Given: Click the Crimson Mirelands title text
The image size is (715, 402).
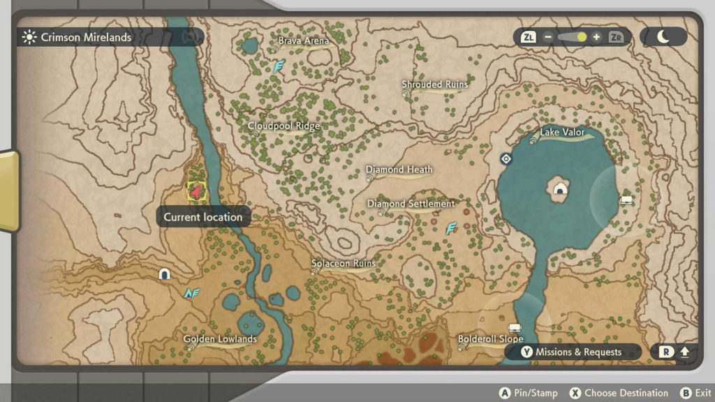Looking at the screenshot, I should pyautogui.click(x=86, y=38).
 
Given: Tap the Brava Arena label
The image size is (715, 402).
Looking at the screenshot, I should pyautogui.click(x=303, y=41).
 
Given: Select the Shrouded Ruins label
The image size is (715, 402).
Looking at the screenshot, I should pyautogui.click(x=434, y=84).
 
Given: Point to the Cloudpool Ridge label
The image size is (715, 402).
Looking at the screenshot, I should pyautogui.click(x=283, y=126).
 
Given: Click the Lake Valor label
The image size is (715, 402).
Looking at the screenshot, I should pyautogui.click(x=562, y=133).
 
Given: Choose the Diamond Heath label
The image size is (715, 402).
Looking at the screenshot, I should pyautogui.click(x=399, y=170).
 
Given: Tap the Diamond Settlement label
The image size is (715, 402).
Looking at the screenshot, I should pyautogui.click(x=411, y=204).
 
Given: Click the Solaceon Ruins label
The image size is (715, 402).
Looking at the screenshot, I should pyautogui.click(x=344, y=264).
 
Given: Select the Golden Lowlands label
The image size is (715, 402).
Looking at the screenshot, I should pyautogui.click(x=220, y=339).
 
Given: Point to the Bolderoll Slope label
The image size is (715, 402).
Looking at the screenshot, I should pyautogui.click(x=490, y=339).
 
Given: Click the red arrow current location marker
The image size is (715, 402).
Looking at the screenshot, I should pyautogui.click(x=196, y=190).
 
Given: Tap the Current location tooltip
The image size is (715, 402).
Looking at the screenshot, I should pyautogui.click(x=202, y=217).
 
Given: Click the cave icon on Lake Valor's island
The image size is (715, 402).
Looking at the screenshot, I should pyautogui.click(x=559, y=189).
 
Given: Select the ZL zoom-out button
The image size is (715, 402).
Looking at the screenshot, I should pyautogui.click(x=529, y=37).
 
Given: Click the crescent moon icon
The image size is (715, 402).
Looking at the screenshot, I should pyautogui.click(x=663, y=37).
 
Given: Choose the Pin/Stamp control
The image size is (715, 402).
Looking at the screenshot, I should pyautogui.click(x=529, y=393).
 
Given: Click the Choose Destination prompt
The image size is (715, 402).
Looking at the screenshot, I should pyautogui.click(x=619, y=393).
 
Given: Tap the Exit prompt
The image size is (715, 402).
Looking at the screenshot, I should pyautogui.click(x=695, y=393).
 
